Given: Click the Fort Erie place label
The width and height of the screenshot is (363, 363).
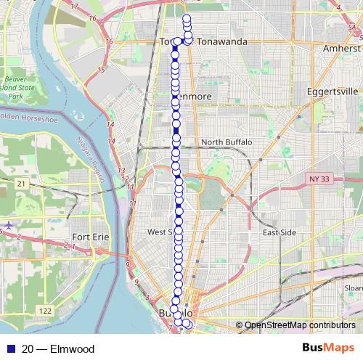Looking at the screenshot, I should tap(91, 237).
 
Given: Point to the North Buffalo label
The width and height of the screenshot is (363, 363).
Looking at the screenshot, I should tap(227, 142).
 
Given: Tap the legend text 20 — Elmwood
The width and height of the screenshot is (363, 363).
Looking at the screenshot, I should tap(58, 348).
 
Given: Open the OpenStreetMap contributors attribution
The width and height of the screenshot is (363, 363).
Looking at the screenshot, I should tap(300, 325).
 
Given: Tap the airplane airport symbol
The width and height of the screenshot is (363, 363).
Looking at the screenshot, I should tap(8, 225).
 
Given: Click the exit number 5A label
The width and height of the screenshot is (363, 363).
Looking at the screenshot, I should tap(353, 27).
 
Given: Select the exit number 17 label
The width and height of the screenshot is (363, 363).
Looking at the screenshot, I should tap(73, 7).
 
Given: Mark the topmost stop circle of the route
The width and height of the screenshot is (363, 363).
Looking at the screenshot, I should tap(187, 18).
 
